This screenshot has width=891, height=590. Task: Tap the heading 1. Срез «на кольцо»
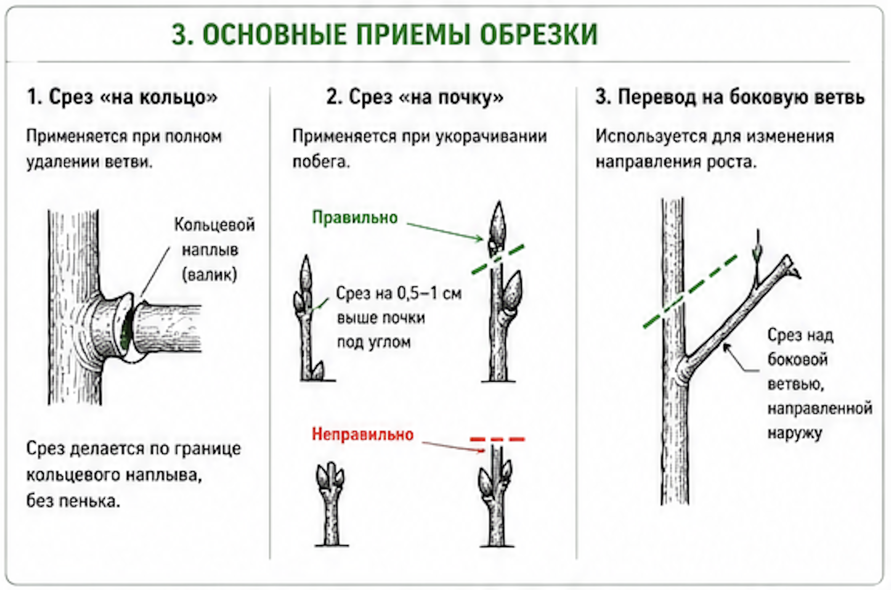pyautogui.click(x=122, y=97)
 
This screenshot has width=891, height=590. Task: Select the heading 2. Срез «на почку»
pyautogui.click(x=415, y=97)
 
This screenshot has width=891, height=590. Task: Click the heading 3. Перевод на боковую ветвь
pyautogui.click(x=730, y=97)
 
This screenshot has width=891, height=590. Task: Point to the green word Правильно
pyautogui.click(x=355, y=217)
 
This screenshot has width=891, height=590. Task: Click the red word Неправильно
pyautogui.click(x=363, y=434)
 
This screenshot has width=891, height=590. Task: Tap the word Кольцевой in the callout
pyautogui.click(x=214, y=225)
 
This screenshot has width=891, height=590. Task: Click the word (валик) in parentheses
pyautogui.click(x=209, y=275)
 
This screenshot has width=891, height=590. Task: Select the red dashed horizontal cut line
pyautogui.click(x=497, y=440)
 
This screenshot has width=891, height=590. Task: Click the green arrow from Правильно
pyautogui.click(x=445, y=232)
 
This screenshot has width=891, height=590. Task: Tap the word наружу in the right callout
pyautogui.click(x=795, y=433)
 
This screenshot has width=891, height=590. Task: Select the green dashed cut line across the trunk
pyautogui.click(x=690, y=291)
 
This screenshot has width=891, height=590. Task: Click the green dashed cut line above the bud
pyautogui.click(x=498, y=259)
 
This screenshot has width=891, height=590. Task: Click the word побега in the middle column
pyautogui.click(x=321, y=162)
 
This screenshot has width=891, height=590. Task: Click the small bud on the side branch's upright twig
pyautogui.click(x=757, y=252)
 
